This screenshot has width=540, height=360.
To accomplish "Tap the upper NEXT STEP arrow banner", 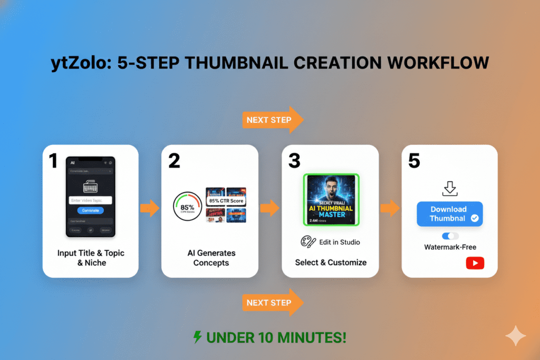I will pyautogui.click(x=272, y=120).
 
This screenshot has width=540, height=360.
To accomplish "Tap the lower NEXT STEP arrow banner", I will pyautogui.click(x=272, y=303).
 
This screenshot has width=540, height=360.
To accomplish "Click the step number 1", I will pyautogui.click(x=53, y=161).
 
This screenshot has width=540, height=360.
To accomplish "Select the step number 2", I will pyautogui.click(x=174, y=161).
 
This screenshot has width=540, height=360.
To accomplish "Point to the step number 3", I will pyautogui.click(x=295, y=161).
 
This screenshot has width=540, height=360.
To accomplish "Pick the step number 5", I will pyautogui.click(x=414, y=161).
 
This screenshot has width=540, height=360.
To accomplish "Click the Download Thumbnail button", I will pyautogui.click(x=449, y=213).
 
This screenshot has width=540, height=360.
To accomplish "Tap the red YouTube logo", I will pyautogui.click(x=475, y=263).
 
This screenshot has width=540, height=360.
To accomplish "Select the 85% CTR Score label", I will pyautogui.click(x=226, y=201).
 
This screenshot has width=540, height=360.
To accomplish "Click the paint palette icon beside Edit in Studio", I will pyautogui.click(x=307, y=242).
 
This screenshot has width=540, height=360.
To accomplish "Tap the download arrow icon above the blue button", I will pyautogui.click(x=450, y=188).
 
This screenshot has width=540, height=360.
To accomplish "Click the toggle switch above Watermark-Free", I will pyautogui.click(x=450, y=236).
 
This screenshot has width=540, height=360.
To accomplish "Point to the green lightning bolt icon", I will pyautogui.click(x=198, y=337).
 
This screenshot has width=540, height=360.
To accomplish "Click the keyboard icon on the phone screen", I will pyautogui.click(x=90, y=186).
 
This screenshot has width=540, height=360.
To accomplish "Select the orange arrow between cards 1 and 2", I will pyautogui.click(x=150, y=208).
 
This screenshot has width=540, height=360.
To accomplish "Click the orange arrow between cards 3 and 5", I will pyautogui.click(x=390, y=208).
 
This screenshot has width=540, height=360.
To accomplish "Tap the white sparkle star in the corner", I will pyautogui.click(x=514, y=335).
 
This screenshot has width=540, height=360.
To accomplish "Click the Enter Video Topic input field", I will pyautogui.click(x=90, y=200).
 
